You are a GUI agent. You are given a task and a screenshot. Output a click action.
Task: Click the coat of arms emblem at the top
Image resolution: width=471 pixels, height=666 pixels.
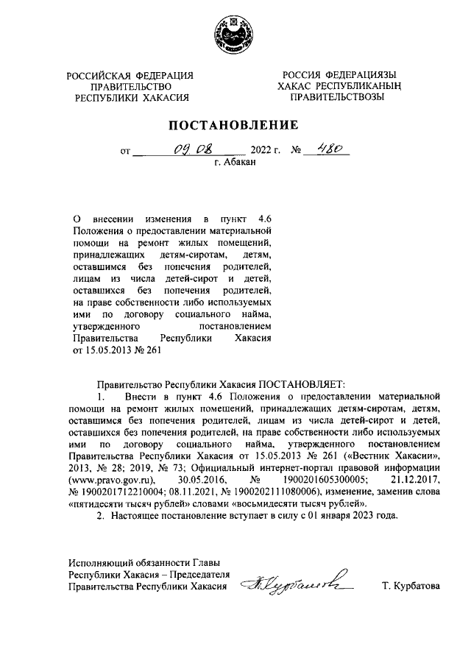click(x=235, y=36)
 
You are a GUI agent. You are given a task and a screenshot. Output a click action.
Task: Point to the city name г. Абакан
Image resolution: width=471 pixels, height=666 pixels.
click(x=235, y=164)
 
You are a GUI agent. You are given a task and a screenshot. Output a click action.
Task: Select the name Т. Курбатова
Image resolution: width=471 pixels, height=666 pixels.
click(x=411, y=587)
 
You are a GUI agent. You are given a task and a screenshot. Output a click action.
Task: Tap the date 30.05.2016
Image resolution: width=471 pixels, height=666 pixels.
click(x=202, y=481)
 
